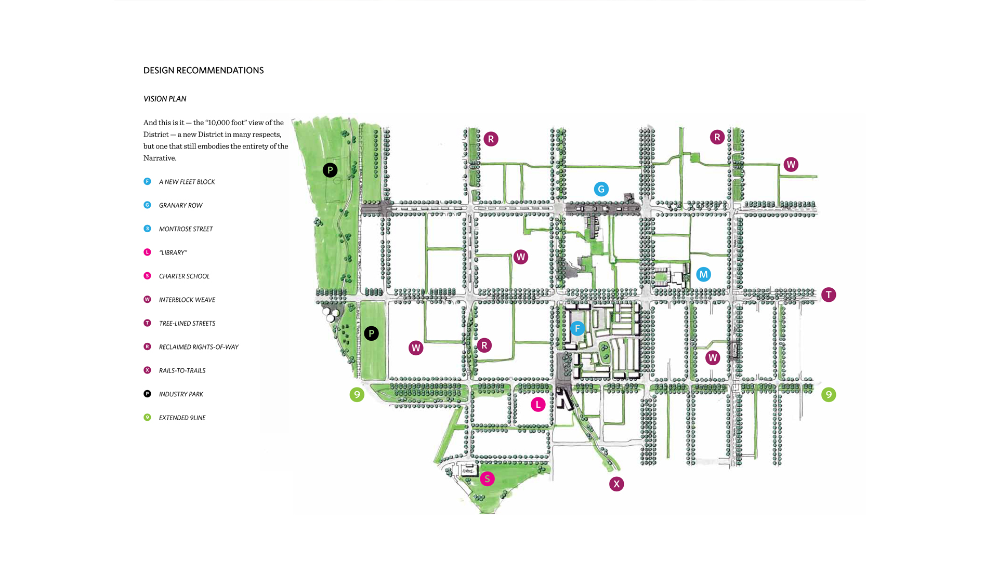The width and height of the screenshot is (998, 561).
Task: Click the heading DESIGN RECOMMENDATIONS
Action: click(x=203, y=71)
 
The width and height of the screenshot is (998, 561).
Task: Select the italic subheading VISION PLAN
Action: click(x=165, y=99)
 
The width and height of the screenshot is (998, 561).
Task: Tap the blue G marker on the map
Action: click(x=601, y=189)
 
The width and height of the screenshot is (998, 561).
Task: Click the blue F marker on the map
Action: click(x=577, y=328)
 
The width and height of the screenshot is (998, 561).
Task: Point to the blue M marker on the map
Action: click(x=703, y=274)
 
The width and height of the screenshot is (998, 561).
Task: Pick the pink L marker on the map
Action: click(x=538, y=405)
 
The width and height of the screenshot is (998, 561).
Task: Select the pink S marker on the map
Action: click(x=487, y=479)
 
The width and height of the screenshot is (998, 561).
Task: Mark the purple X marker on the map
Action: click(x=616, y=484)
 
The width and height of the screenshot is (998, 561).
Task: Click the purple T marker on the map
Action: click(x=829, y=295)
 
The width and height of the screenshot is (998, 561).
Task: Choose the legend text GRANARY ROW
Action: click(x=180, y=206)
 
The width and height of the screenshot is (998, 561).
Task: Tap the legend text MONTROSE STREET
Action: click(x=186, y=229)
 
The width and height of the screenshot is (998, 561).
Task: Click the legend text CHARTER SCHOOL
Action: click(x=184, y=276)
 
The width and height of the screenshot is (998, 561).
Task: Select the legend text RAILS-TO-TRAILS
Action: click(x=182, y=371)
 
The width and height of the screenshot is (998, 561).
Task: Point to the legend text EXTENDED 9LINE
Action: click(x=182, y=418)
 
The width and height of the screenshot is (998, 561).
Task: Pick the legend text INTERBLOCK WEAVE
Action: click(x=187, y=300)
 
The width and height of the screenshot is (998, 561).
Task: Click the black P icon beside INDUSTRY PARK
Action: click(x=147, y=394)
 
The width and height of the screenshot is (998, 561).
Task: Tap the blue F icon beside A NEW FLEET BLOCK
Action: click(x=147, y=181)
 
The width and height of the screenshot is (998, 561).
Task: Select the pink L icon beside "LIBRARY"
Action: click(x=147, y=252)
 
